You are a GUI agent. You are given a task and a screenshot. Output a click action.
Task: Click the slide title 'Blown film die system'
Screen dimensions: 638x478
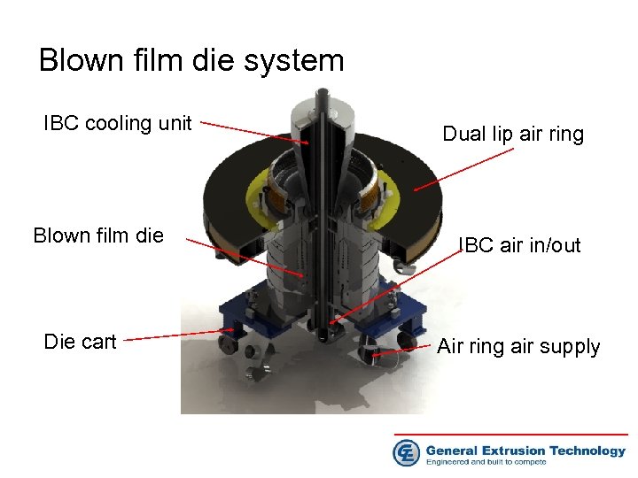click(191, 60)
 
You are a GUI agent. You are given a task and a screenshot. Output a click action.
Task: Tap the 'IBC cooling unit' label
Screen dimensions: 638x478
click(118, 123)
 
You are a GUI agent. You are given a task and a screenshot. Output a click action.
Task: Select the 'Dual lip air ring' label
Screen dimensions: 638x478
click(513, 135)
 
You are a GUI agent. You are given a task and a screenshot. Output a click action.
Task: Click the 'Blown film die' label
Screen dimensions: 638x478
click(98, 235)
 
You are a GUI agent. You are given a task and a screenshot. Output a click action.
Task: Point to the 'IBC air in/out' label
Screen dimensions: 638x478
click(521, 245)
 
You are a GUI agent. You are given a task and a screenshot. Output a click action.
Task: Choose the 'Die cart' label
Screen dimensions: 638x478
click(81, 342)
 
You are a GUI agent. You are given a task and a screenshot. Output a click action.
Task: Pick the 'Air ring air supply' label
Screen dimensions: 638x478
click(518, 346)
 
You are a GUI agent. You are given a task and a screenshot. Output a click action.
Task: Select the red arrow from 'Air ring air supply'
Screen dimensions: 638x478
click(404, 351)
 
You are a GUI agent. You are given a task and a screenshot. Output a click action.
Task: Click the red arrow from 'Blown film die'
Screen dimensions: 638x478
click(248, 258)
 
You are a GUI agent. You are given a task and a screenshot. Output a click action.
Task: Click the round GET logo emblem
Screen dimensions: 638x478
click(407, 452)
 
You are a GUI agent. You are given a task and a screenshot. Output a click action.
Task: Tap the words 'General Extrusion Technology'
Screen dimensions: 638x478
click(525, 451)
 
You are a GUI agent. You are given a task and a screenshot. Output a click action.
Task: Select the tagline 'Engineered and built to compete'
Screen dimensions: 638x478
click(498, 462)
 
